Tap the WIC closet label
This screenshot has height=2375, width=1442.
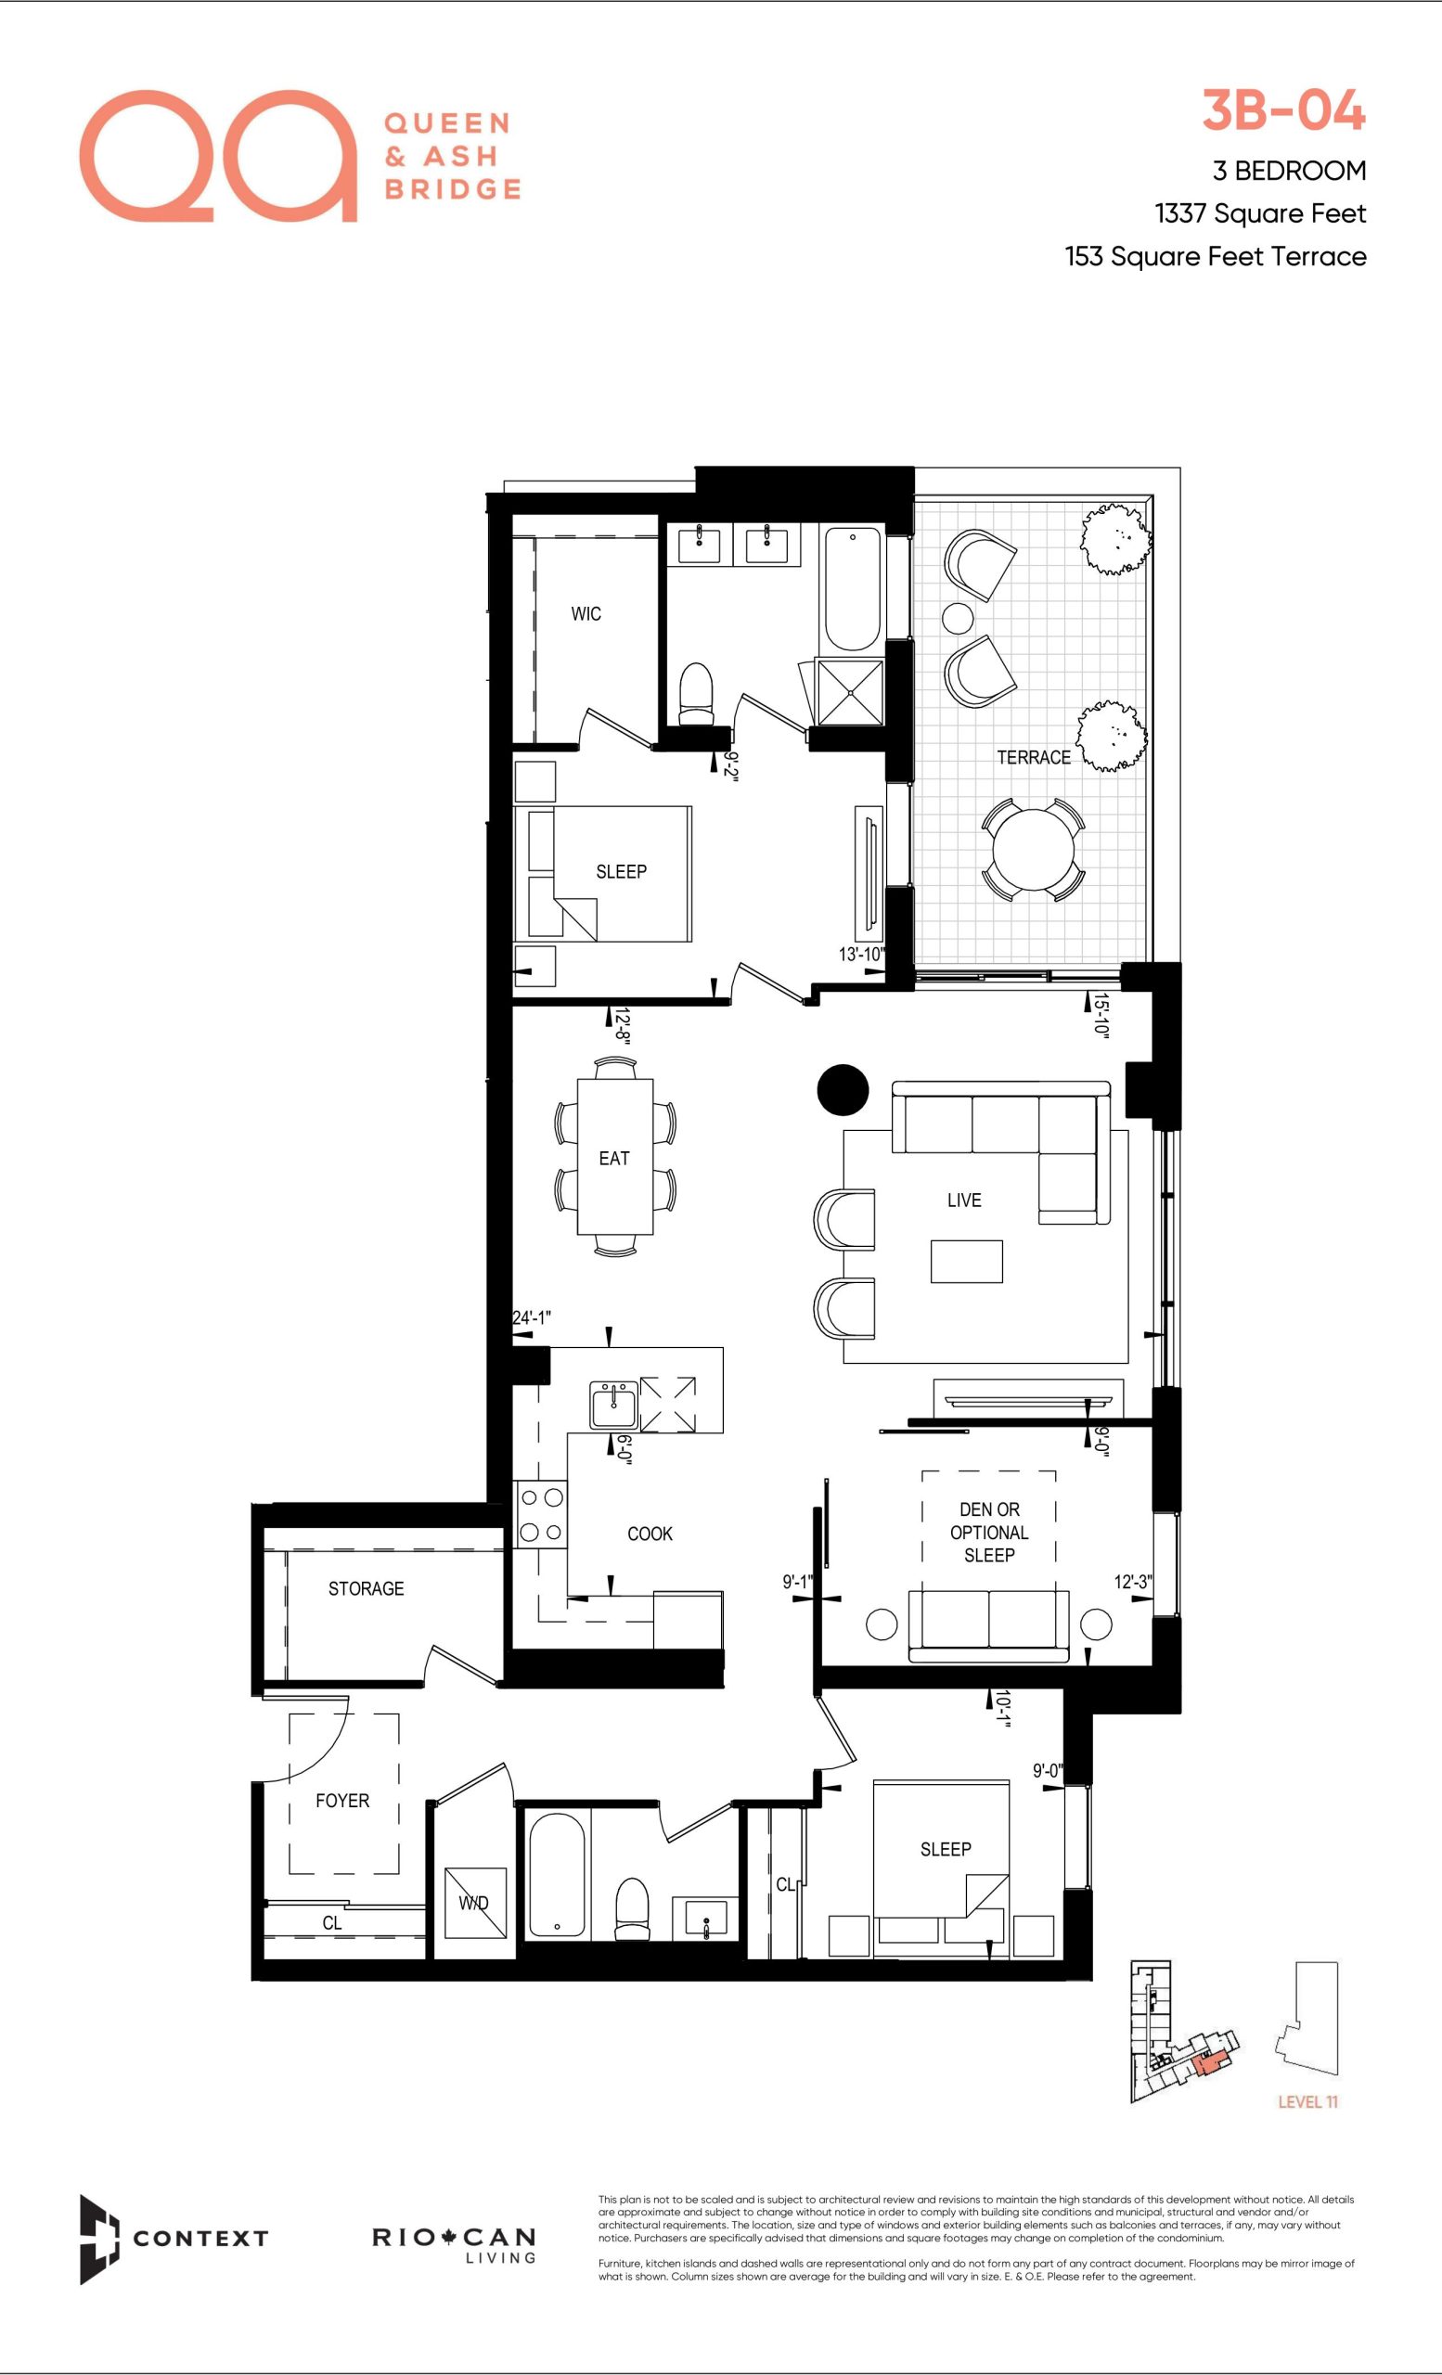tap(586, 614)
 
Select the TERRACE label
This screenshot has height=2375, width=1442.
tap(1034, 758)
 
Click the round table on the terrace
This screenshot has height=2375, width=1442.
tap(1033, 850)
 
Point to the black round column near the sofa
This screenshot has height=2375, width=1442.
tap(843, 1090)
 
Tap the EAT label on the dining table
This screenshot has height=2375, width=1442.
tap(614, 1159)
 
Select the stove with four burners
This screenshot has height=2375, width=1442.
tap(541, 1514)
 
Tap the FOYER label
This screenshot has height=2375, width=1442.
tap(342, 1801)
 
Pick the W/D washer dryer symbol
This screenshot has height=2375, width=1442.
tap(474, 1903)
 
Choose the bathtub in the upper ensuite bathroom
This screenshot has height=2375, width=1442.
tap(852, 588)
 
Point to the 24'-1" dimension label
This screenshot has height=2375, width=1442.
tap(531, 1317)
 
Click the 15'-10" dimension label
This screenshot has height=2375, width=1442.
tap(1101, 1014)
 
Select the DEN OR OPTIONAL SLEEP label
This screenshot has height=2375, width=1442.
tap(989, 1533)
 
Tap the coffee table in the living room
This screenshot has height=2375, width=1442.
tap(967, 1261)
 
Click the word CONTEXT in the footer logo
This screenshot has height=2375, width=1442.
tap(200, 2238)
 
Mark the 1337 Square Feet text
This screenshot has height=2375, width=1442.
tap(1260, 213)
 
